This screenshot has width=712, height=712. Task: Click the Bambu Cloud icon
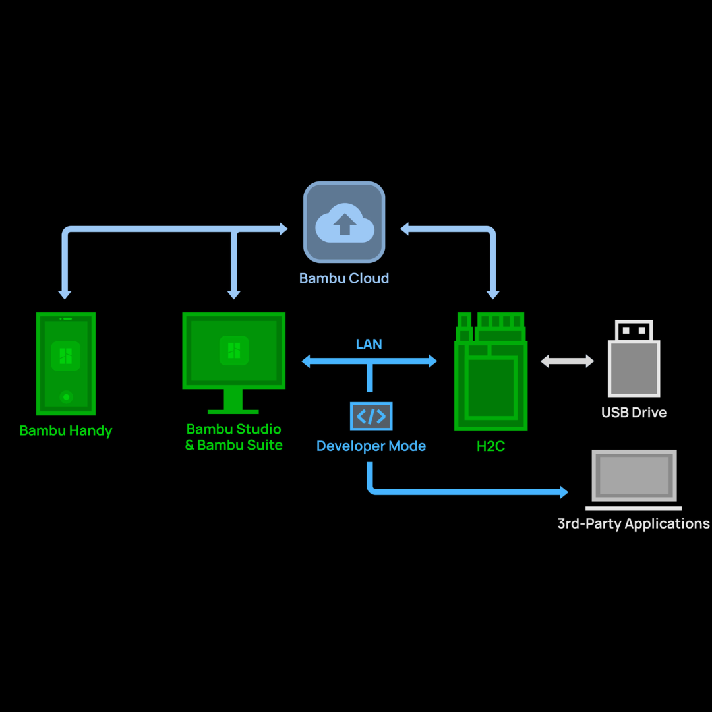pyautogui.click(x=344, y=222)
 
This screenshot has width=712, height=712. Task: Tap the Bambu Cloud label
pyautogui.click(x=344, y=278)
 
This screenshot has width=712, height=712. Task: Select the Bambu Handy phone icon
pyautogui.click(x=66, y=363)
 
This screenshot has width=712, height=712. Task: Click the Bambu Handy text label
pyautogui.click(x=66, y=431)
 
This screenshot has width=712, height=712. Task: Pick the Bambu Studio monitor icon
pyautogui.click(x=234, y=351)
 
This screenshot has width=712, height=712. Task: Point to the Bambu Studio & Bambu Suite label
pyautogui.click(x=234, y=437)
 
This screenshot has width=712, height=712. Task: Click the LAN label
pyautogui.click(x=369, y=344)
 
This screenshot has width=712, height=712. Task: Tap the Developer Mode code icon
pyautogui.click(x=371, y=416)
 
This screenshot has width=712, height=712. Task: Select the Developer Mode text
pyautogui.click(x=371, y=446)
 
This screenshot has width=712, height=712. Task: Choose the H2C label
pyautogui.click(x=491, y=446)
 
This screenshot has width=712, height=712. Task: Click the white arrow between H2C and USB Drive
pyautogui.click(x=568, y=361)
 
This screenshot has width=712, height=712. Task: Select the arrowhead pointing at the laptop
pyautogui.click(x=563, y=492)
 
